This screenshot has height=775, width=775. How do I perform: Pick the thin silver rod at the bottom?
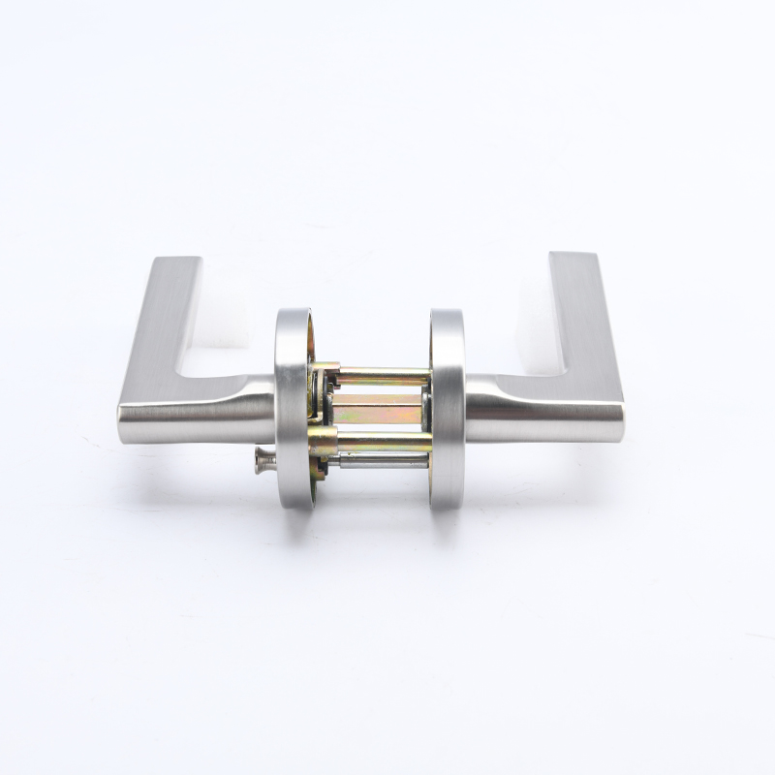383,461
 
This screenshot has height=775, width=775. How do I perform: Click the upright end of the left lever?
174,291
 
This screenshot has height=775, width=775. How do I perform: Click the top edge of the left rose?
293,312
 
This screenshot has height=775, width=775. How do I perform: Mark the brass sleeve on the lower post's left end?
324,444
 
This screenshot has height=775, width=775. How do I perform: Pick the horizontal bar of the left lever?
194,412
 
